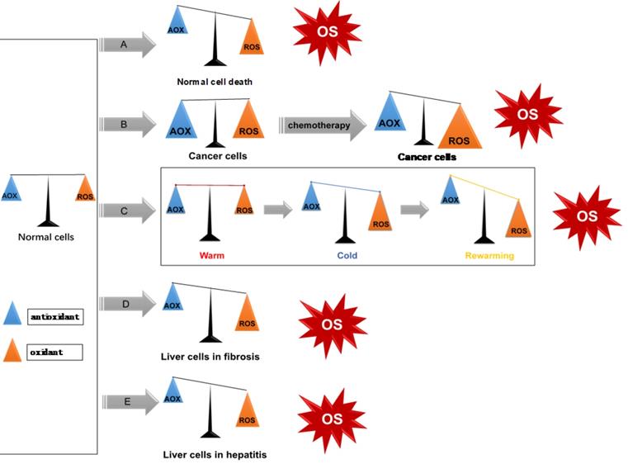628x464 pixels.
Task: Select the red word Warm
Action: (211, 255)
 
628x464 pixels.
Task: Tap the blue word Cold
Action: (347, 255)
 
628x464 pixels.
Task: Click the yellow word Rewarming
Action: (489, 255)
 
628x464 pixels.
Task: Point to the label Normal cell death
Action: (215, 82)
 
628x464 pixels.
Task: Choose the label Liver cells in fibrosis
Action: (210, 357)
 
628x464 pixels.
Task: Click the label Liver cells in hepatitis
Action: (215, 454)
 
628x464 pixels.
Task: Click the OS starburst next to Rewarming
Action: (586, 216)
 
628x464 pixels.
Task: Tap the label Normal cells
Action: (45, 237)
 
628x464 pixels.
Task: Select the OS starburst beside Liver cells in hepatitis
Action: (332, 419)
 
